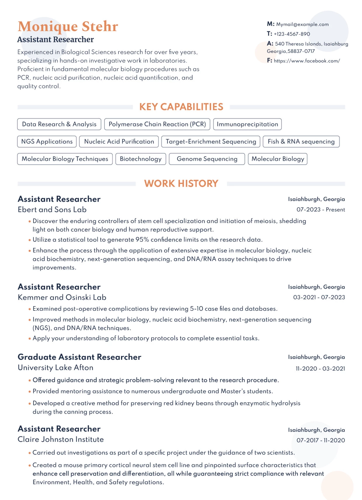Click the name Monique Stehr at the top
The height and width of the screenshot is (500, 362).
(68, 27)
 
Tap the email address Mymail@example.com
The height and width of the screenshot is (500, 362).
(302, 25)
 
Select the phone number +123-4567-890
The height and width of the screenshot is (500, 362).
(292, 34)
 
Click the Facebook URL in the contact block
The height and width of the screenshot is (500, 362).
(306, 61)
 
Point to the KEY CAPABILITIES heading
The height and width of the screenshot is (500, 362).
(181, 107)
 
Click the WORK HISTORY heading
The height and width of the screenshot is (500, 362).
(181, 184)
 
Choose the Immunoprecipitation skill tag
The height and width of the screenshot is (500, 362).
(247, 124)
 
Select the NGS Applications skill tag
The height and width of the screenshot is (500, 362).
(47, 142)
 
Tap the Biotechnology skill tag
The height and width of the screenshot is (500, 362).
(141, 159)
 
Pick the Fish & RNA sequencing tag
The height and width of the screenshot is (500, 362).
(301, 142)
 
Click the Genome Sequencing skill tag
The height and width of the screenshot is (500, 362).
(207, 159)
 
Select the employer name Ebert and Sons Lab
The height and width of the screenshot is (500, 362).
(52, 210)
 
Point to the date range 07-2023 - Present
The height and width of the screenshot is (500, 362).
(321, 210)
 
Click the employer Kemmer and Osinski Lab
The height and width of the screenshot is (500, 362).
(62, 297)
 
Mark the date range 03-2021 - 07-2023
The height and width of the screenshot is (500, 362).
(319, 297)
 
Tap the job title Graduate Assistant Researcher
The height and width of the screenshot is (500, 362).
(79, 357)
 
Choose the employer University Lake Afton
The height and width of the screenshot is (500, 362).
(56, 368)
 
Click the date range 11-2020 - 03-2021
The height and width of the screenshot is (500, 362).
(320, 369)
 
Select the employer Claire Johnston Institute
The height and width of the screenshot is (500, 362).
(60, 440)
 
